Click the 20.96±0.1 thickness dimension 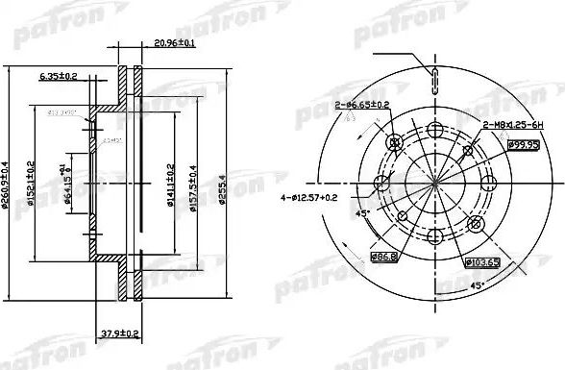tap(174, 43)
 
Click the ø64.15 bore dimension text tap(69, 185)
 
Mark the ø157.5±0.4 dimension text tap(195, 185)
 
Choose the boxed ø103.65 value tap(479, 261)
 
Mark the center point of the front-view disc tap(433, 184)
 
